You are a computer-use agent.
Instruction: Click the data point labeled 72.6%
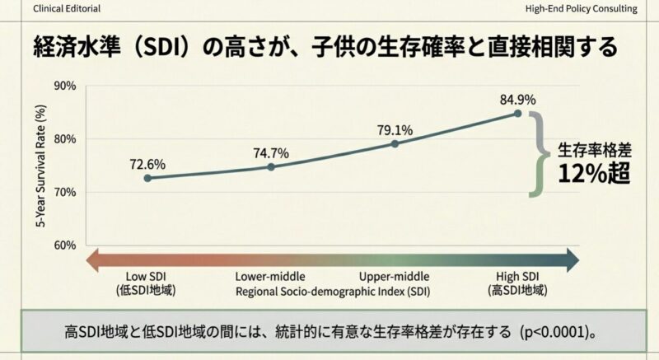147,178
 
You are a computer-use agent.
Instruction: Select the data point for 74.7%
271,166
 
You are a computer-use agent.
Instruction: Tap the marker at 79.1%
395,143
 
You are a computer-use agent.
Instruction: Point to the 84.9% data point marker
518,113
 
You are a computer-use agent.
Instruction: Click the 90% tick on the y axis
64,86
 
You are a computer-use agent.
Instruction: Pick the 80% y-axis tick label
64,139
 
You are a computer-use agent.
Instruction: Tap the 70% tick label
64,192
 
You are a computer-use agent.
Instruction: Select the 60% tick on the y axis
64,245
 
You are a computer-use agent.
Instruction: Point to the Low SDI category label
147,277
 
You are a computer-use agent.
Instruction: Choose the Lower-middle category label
271,277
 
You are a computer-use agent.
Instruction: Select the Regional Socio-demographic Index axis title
333,292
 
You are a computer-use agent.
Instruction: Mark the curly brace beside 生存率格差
540,153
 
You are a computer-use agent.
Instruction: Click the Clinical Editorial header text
51,9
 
